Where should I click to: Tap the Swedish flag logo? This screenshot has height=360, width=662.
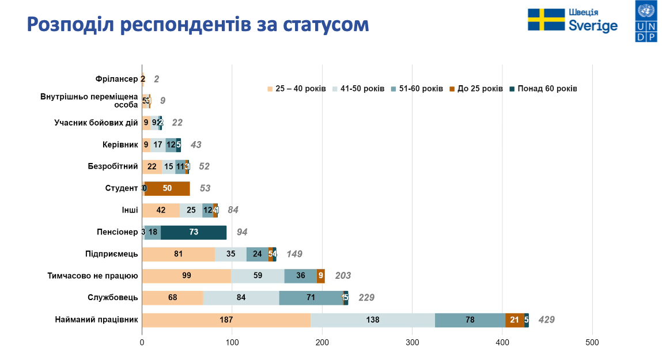[x=546, y=20]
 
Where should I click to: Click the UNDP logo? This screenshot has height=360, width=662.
[x=646, y=22]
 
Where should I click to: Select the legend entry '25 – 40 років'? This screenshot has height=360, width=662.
[x=300, y=89]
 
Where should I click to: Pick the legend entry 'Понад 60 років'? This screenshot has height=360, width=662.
[x=547, y=89]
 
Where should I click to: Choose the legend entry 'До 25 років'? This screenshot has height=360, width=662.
[x=480, y=89]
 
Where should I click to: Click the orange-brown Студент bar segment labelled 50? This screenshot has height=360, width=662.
[x=167, y=188]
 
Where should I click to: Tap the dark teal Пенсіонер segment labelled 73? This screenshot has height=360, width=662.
[x=194, y=232]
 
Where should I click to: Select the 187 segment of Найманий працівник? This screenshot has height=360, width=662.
[x=226, y=320]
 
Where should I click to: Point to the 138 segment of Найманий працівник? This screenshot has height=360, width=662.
[x=373, y=320]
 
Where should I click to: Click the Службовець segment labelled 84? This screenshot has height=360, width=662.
[x=241, y=298]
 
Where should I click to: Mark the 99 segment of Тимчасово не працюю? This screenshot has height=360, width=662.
[x=186, y=276]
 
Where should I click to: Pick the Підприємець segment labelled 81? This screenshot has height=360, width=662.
[x=178, y=254]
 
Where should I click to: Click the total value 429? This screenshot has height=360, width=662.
[x=546, y=320]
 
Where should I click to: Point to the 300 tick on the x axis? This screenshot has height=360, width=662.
[x=413, y=343]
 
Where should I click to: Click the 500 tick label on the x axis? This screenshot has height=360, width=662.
[x=592, y=343]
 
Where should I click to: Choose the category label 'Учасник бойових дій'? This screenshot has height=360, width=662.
[x=96, y=123]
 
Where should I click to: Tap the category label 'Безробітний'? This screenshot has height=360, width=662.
[x=113, y=166]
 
